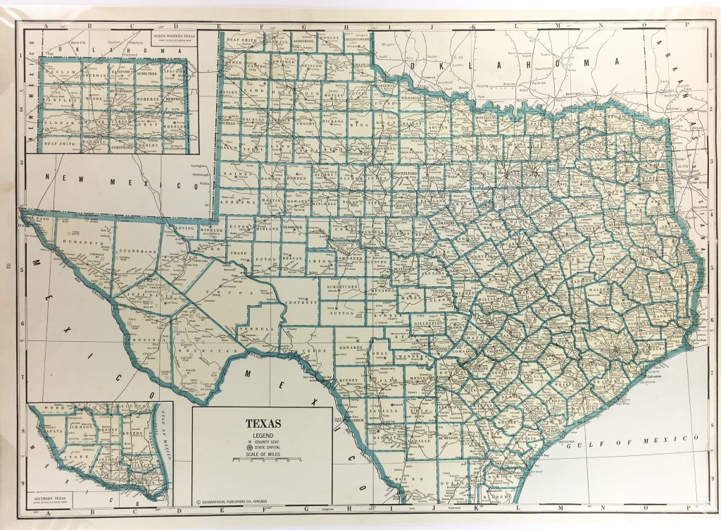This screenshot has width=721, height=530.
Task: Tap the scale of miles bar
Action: pos(263,458)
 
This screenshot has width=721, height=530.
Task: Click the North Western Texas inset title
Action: pos(171,32)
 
